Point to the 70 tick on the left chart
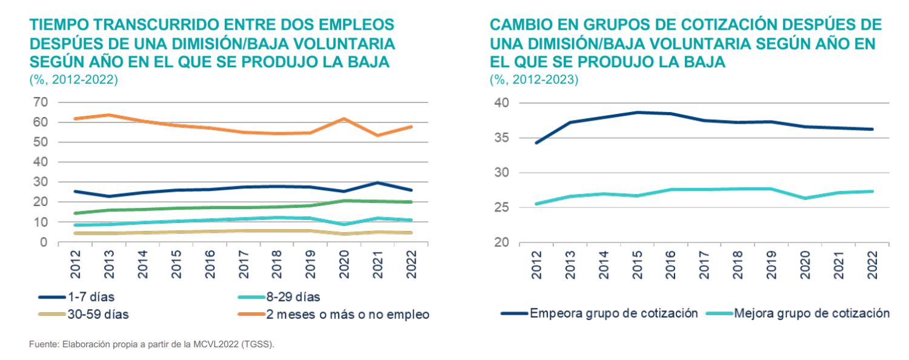click(x=39, y=102)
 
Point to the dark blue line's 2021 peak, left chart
click(x=377, y=182)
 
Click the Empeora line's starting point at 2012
click(x=537, y=142)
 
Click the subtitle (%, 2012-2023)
click(x=534, y=80)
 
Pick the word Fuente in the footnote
click(x=41, y=344)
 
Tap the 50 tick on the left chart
click(x=39, y=142)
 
